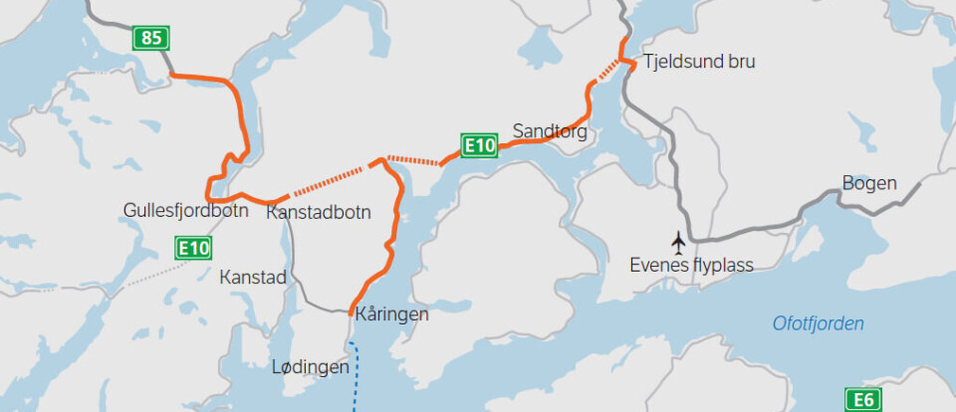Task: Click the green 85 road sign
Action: (x=151, y=39)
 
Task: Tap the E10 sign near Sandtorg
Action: (x=479, y=146)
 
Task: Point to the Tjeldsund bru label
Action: (x=698, y=62)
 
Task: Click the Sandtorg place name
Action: (x=550, y=130)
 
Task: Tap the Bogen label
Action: (x=869, y=184)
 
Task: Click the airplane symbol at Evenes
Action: (x=679, y=241)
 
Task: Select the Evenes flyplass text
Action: (x=691, y=265)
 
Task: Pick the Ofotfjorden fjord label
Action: (x=819, y=323)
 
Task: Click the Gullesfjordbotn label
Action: (x=185, y=211)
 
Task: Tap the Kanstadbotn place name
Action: (x=319, y=212)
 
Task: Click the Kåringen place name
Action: (x=389, y=314)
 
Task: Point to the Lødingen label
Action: (x=311, y=366)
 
